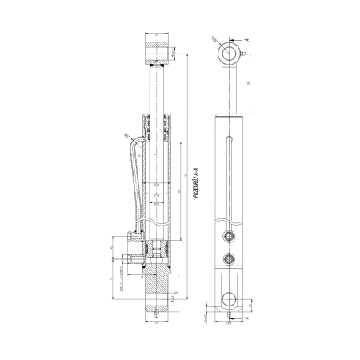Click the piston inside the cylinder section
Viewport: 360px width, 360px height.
pyautogui.click(x=157, y=240)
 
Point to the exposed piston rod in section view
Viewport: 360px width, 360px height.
pyautogui.click(x=157, y=88)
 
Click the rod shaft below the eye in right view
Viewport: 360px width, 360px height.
pyautogui.click(x=230, y=88)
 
